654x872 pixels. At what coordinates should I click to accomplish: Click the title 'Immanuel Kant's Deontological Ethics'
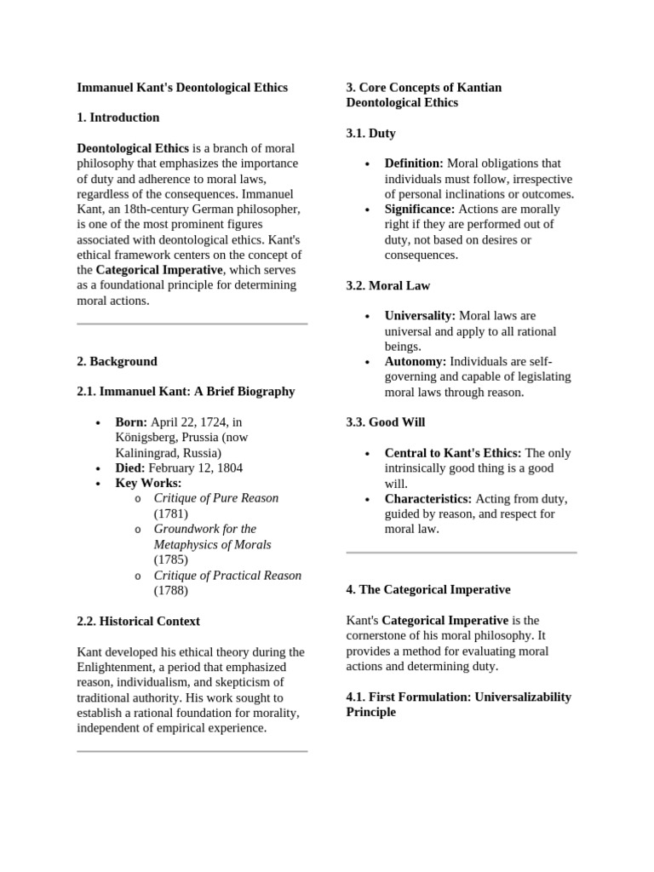coord(182,87)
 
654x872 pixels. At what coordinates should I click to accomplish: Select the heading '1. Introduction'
coord(118,118)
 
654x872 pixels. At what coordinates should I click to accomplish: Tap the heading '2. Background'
coord(117,361)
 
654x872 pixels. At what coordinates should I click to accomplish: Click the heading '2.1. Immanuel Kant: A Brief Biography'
coord(186,392)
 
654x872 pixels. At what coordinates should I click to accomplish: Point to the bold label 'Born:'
coord(131,422)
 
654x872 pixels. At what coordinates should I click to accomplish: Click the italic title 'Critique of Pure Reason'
coord(216,498)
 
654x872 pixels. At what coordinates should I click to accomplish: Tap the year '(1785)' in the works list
coord(170,559)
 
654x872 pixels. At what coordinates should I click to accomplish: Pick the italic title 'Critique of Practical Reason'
coord(227,575)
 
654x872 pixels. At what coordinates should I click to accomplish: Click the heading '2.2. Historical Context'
coord(138,621)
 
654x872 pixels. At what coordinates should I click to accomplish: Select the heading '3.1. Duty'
coord(370,133)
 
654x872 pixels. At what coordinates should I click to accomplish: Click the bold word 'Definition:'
coord(414,163)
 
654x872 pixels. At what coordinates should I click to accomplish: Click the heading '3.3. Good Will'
coord(385,422)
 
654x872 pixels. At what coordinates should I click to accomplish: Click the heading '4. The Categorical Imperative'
coord(428,589)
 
